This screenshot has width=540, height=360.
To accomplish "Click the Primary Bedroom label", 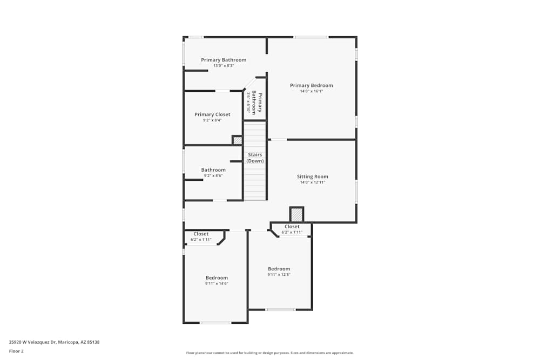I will (x=311, y=85).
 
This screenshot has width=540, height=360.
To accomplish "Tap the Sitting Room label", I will (x=312, y=176).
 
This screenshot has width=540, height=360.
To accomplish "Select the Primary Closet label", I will (x=212, y=114).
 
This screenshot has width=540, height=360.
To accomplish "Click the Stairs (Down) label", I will (x=255, y=158).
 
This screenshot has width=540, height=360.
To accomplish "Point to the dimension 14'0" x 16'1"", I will (x=311, y=91).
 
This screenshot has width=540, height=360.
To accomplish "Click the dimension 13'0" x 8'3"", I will (x=224, y=66).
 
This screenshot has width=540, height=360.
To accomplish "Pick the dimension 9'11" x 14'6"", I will (x=217, y=283).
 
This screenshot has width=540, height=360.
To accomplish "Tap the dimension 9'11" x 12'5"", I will (x=279, y=274).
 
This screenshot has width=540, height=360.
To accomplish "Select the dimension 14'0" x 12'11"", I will (x=312, y=182).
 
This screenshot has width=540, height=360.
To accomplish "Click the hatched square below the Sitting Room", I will (x=296, y=214).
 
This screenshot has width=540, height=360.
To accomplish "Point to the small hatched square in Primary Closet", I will (x=237, y=140).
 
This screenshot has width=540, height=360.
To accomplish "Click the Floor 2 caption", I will (x=16, y=351).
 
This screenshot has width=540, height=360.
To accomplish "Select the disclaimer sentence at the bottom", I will (x=269, y=353).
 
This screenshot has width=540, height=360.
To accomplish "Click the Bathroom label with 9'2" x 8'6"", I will (x=213, y=170).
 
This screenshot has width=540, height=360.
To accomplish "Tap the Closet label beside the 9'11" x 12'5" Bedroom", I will (x=292, y=227).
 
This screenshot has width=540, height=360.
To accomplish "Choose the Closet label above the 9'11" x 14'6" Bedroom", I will (x=201, y=234).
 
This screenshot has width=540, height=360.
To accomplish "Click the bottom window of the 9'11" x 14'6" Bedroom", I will (x=215, y=323).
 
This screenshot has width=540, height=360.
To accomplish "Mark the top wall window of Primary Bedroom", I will (x=310, y=37).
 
